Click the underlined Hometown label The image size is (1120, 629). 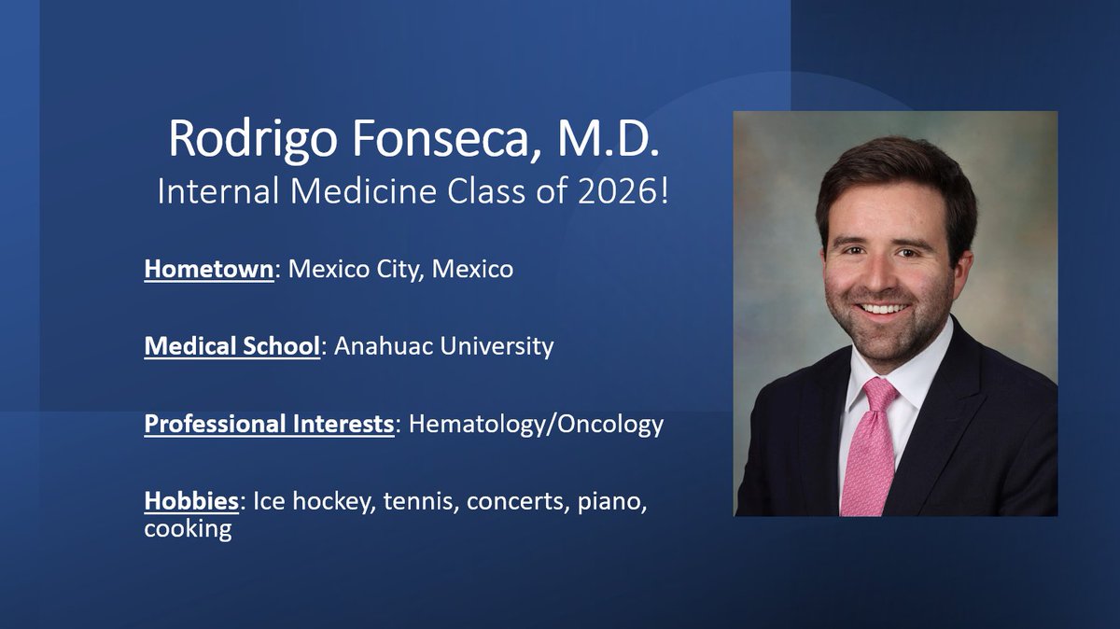coord(208,270)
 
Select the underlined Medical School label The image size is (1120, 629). coord(231,346)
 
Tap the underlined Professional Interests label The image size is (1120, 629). coord(269,424)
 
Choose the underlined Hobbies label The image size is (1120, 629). coord(191,501)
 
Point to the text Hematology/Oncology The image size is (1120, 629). coord(536,424)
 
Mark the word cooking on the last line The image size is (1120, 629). coord(188,530)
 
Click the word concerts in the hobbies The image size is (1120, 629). coord(511,501)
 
